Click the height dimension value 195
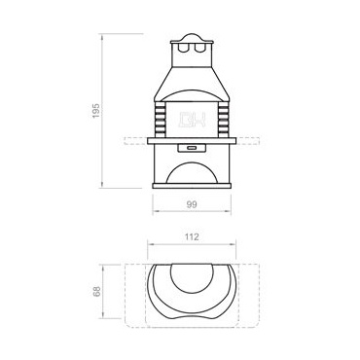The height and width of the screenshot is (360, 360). (95, 111)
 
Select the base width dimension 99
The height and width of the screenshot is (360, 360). (192, 204)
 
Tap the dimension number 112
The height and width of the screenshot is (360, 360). (192, 237)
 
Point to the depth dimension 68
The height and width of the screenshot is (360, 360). (96, 291)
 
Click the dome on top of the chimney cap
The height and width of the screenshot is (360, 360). (192, 37)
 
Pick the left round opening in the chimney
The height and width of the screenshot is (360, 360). (184, 48)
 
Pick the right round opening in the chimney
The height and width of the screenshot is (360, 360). (198, 48)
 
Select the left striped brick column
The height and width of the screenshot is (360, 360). (160, 119)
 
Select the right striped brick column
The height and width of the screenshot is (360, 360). (224, 119)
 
